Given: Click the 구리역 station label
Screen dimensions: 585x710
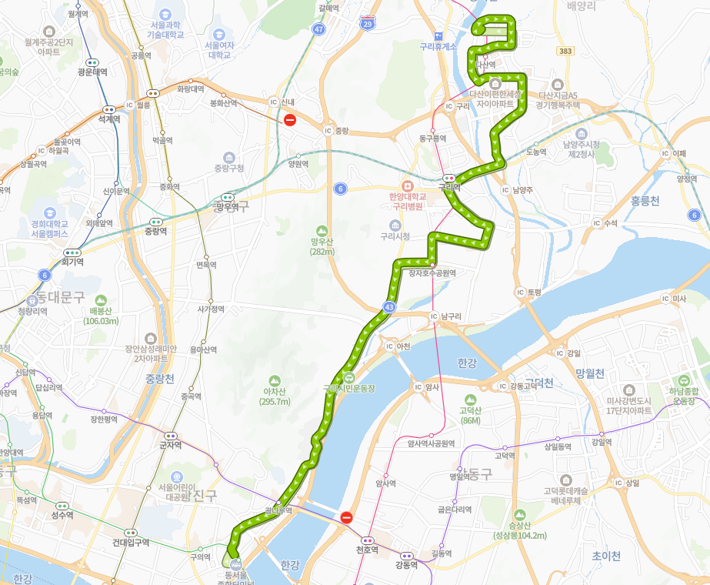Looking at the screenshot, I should (449, 186).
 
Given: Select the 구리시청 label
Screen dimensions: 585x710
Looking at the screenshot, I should (395, 236).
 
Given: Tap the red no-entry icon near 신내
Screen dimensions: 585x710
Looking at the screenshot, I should (290, 119).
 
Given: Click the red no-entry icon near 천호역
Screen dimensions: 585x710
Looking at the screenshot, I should (346, 518).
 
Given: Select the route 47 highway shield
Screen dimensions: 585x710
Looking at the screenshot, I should (319, 28).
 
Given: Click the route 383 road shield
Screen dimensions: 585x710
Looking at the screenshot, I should (566, 50).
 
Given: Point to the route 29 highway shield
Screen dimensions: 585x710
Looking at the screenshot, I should (368, 24).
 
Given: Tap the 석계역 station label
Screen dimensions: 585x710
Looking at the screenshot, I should (109, 119).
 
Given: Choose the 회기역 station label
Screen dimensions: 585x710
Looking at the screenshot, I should (73, 262).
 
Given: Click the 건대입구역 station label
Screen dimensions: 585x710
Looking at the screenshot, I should (131, 542).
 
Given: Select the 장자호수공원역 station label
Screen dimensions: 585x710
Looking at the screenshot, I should (432, 272).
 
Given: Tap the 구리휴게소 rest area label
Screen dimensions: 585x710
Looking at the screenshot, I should (438, 46).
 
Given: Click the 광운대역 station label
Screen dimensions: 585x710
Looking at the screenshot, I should (93, 72).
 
